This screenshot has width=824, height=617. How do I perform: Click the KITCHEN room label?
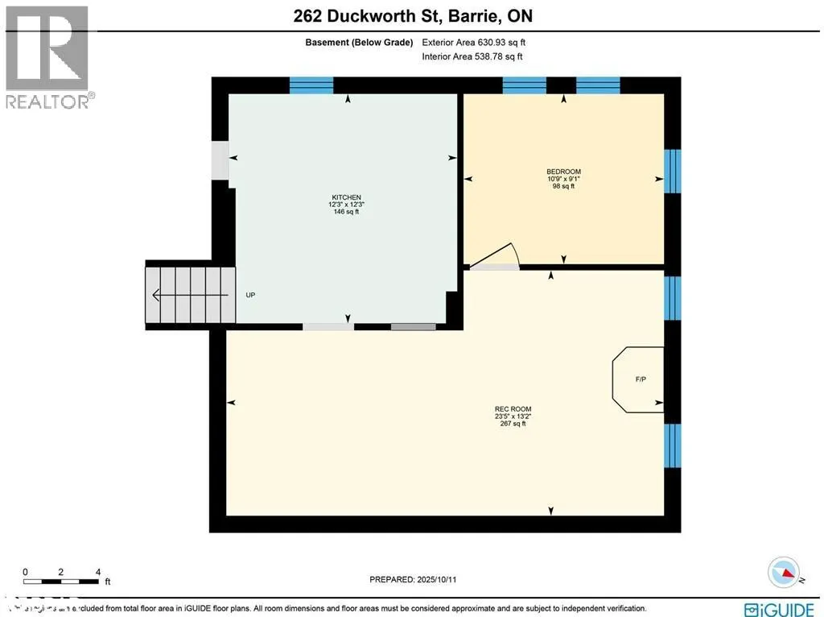[347, 197]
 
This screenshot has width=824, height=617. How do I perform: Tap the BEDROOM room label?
[563, 172]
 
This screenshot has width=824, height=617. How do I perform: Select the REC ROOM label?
[513, 409]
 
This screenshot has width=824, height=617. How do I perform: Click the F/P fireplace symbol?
[640, 379]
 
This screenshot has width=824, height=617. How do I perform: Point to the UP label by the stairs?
[250, 295]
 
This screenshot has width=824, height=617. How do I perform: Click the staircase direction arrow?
[190, 295]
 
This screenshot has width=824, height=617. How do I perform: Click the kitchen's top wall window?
[311, 85]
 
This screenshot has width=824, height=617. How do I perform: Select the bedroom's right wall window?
[673, 171]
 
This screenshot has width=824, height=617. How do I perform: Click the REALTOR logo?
[47, 57]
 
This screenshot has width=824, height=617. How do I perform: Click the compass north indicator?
[784, 572]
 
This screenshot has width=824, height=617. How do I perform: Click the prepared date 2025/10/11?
[418, 579]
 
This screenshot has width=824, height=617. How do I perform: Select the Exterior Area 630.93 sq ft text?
[474, 43]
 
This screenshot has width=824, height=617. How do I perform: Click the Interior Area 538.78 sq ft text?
[472, 57]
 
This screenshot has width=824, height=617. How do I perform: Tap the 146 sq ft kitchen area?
[347, 212]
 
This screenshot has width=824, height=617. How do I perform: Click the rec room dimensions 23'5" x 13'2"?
[513, 416]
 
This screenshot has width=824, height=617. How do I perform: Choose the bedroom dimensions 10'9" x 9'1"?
[563, 179]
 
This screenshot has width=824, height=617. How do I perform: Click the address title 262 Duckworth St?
[411, 15]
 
